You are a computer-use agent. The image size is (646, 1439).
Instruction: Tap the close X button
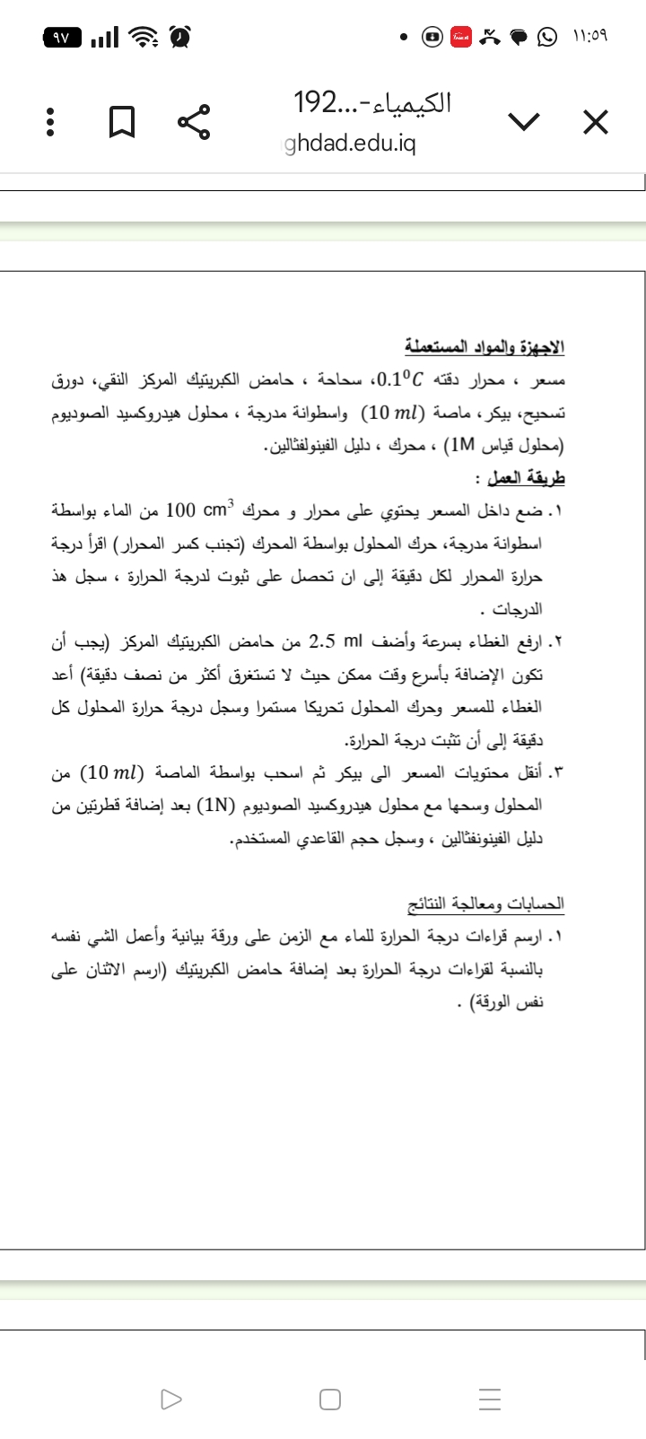[x=595, y=122]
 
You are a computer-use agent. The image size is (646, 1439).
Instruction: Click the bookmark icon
[x=122, y=123]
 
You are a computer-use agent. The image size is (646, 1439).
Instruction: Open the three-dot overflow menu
[x=50, y=123]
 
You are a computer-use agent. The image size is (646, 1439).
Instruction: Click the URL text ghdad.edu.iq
[x=350, y=144]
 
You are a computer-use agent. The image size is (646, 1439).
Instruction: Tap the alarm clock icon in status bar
[x=180, y=37]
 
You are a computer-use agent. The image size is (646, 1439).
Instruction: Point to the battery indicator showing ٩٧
[x=63, y=38]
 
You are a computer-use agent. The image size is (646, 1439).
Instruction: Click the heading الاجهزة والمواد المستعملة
[x=484, y=346]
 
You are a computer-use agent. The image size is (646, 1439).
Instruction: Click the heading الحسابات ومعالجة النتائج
[x=485, y=902]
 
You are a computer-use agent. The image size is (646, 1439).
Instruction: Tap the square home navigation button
[x=330, y=1400]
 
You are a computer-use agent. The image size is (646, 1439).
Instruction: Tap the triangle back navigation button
[x=170, y=1400]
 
